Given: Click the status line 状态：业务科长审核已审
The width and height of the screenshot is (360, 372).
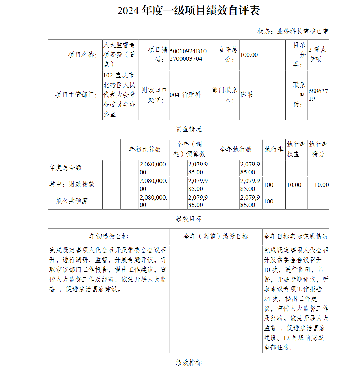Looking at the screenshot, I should point(292,31).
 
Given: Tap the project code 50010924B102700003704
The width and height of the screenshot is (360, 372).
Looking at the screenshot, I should point(188,55).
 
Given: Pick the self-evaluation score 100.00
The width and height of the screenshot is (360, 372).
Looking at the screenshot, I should point(249,55).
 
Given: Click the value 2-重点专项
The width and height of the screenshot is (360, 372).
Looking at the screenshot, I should point(318,55).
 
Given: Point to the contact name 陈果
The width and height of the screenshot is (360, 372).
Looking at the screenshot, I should point(247,95).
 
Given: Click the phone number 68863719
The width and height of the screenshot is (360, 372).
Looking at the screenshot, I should point(318,95).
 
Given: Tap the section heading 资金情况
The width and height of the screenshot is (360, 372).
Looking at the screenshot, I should point(189,129).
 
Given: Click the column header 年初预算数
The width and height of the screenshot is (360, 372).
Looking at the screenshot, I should point(145,149).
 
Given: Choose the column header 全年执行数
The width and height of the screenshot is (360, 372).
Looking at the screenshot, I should point(236,149).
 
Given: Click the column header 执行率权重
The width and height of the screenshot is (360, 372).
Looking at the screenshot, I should point(296,149).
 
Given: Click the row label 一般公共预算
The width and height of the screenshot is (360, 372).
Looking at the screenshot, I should point(69,201).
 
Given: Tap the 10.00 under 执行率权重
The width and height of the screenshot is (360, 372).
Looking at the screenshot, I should point(294,185).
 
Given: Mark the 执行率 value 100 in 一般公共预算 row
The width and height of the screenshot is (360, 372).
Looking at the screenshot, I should point(269,201).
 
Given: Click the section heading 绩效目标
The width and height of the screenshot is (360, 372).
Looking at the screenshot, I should point(189,219).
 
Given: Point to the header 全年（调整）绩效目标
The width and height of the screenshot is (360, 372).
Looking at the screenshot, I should point(216,237).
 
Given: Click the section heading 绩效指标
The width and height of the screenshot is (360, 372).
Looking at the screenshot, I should point(189,362).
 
